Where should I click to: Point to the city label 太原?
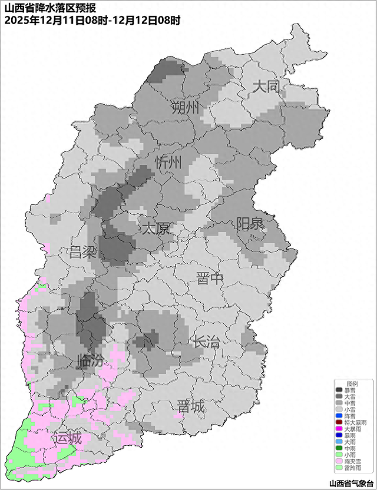tap(155, 228)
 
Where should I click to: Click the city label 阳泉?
tap(250, 224)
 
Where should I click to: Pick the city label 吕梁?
tap(82, 253)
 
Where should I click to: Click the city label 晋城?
tap(191, 406)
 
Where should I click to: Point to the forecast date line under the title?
tap(91, 20)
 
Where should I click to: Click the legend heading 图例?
tap(352, 383)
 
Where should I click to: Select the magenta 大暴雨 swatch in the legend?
tap(339, 429)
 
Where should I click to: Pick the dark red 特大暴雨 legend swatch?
tap(339, 423)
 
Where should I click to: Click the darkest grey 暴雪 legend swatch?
tap(339, 390)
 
